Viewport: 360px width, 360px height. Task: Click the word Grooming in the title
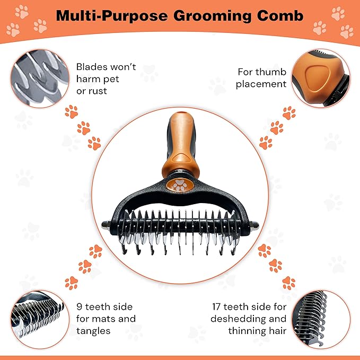213,16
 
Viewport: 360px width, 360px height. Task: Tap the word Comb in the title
280,16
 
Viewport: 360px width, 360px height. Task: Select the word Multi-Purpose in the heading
112,16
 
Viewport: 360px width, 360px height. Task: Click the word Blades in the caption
92,67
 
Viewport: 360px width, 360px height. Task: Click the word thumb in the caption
273,72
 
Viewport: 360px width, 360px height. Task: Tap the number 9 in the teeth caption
79,307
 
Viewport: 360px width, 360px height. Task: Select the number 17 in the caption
216,307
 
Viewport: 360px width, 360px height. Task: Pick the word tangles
93,331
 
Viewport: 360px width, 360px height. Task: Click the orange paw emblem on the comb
180,185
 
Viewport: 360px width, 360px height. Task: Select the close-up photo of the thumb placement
321,78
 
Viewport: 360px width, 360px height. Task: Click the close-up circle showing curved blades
40,78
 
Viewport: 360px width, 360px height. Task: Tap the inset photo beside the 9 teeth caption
40,320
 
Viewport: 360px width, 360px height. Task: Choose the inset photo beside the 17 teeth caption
321,320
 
